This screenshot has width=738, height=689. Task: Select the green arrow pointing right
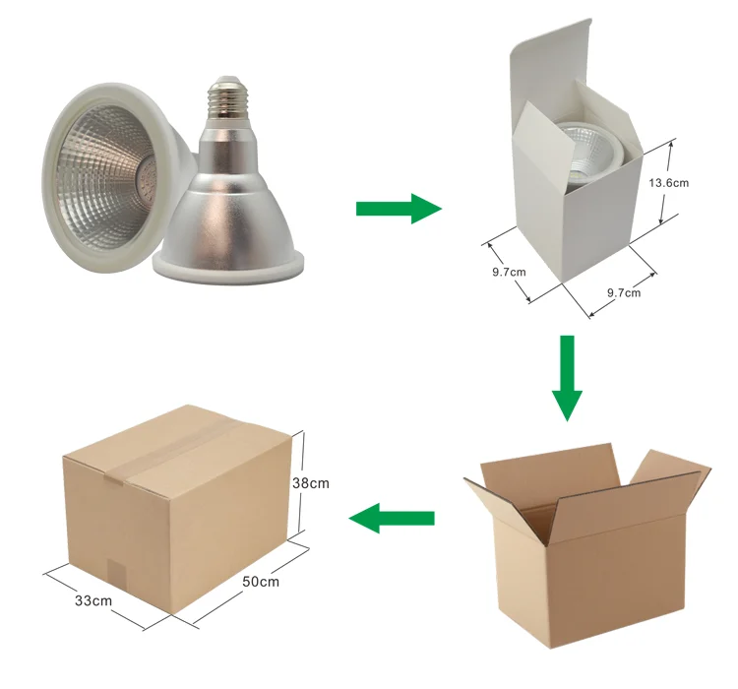coord(398,208)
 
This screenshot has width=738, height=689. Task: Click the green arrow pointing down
coord(566,377)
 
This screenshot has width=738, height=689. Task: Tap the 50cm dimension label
coord(261,582)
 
